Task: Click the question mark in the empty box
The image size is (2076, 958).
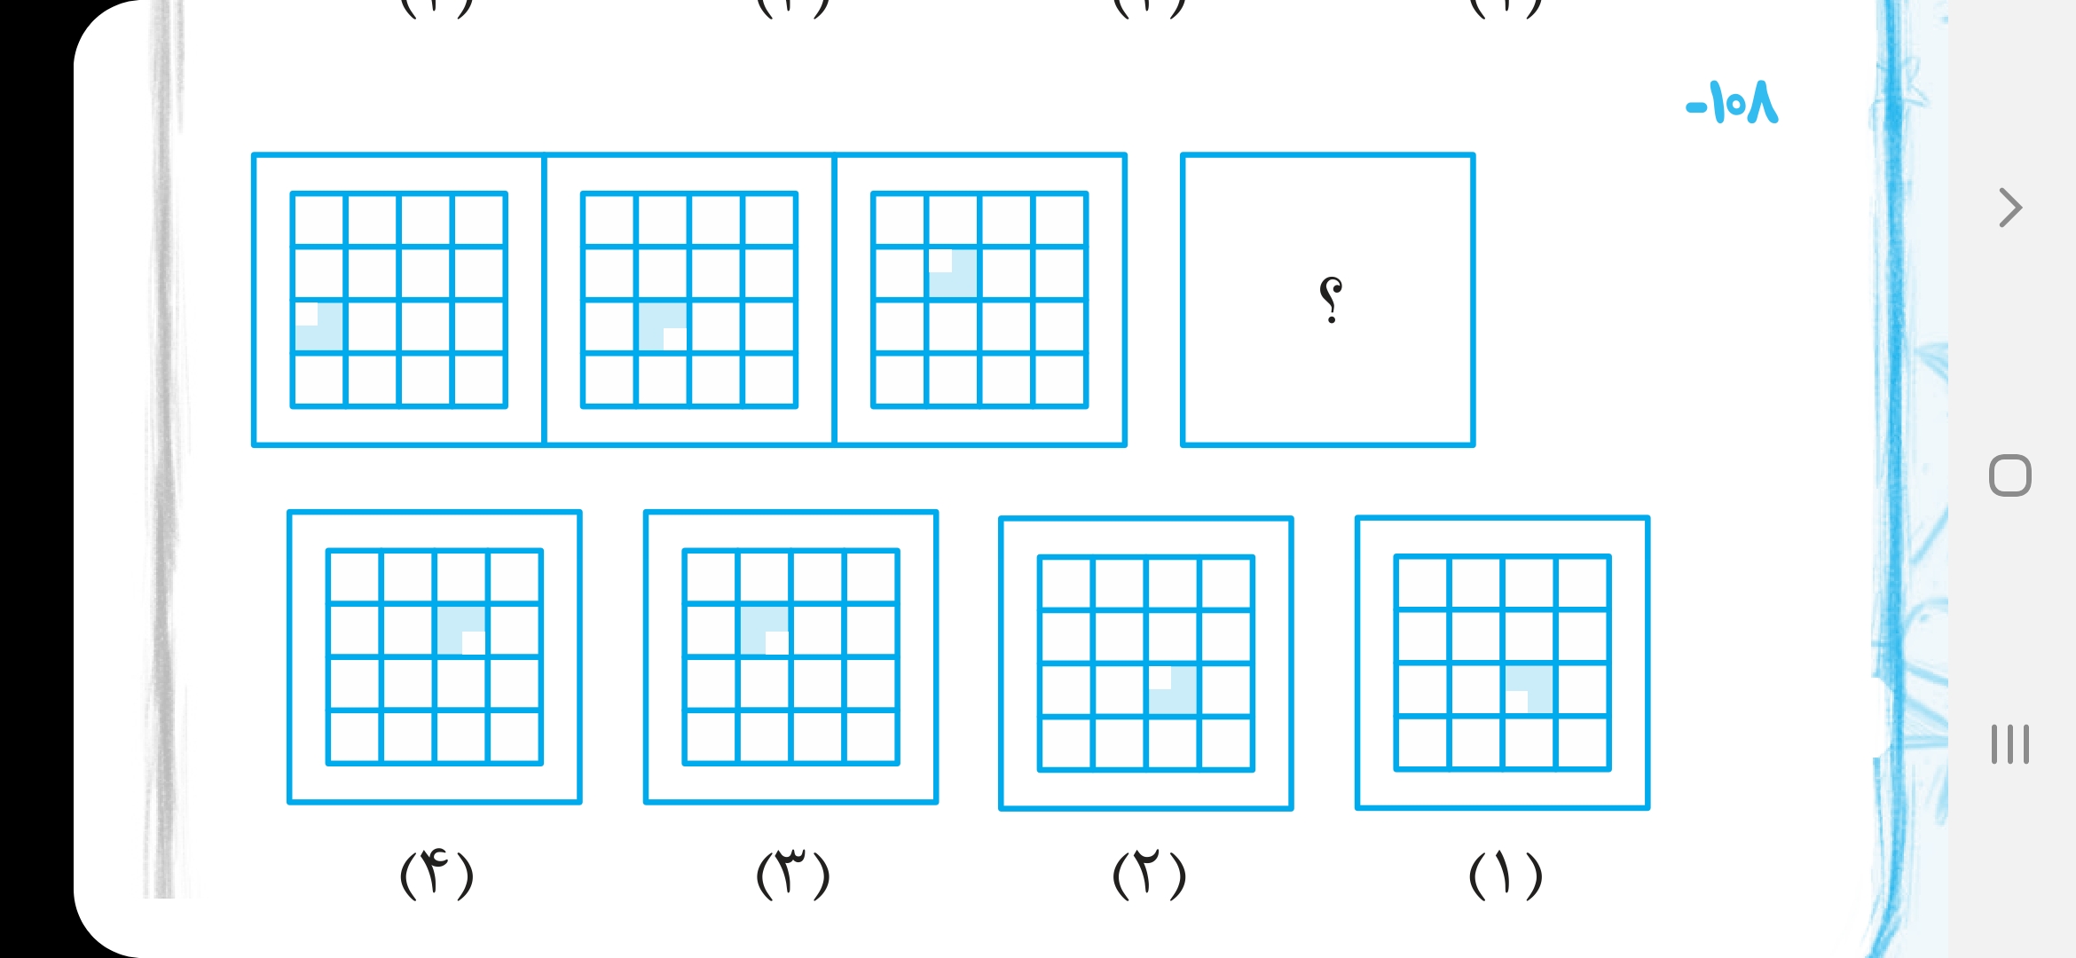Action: click(x=1330, y=300)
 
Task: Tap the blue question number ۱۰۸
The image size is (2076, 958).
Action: click(x=1733, y=103)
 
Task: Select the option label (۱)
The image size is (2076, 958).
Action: click(x=1506, y=875)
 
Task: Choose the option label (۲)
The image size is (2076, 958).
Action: click(x=1149, y=875)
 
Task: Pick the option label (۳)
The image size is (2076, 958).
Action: click(x=792, y=875)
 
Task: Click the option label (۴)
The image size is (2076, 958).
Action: click(x=436, y=875)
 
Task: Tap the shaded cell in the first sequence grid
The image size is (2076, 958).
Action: click(x=319, y=326)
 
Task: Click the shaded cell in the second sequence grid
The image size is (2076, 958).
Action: click(x=662, y=326)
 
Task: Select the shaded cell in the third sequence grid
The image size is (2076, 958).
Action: click(x=953, y=273)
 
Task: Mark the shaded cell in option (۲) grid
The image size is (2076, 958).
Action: click(x=1173, y=689)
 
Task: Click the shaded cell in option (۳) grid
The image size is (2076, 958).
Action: click(x=765, y=630)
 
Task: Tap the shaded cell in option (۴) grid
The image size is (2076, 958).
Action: click(x=461, y=630)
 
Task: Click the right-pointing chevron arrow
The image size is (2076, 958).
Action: click(x=2010, y=208)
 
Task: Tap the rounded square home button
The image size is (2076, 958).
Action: click(x=2010, y=476)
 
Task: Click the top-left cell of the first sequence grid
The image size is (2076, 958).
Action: click(x=319, y=219)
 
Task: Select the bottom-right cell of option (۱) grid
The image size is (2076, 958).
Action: click(x=1583, y=742)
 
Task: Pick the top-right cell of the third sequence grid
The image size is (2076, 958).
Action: click(x=1059, y=219)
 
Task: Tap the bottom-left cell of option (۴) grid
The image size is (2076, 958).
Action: click(x=355, y=736)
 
